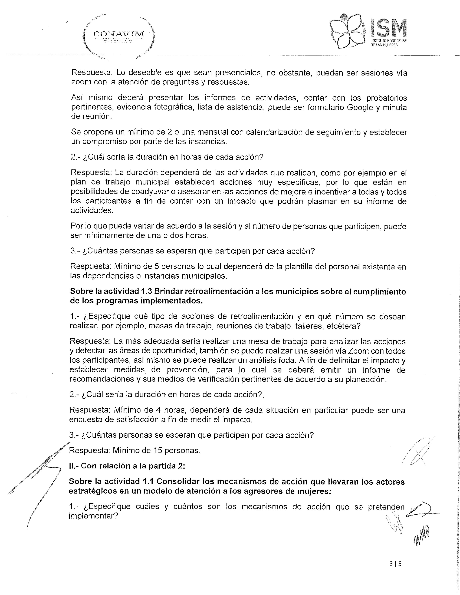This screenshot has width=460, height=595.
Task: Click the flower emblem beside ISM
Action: point(347,32)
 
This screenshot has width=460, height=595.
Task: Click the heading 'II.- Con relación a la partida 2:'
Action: point(127,466)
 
